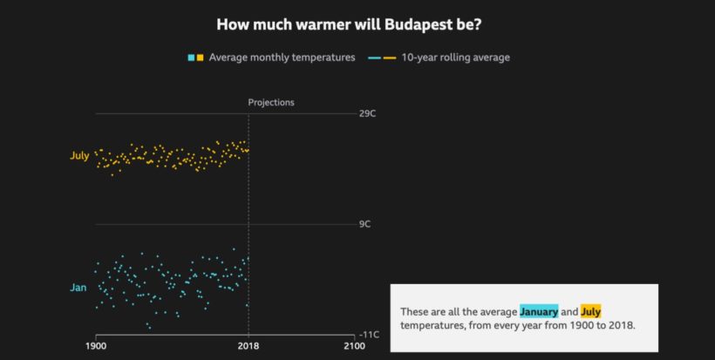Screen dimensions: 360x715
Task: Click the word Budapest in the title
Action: coord(420,24)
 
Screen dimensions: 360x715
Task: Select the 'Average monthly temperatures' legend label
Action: coord(282,58)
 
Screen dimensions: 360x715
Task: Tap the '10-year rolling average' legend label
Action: coord(455,58)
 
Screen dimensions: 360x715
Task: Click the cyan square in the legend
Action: coord(191,58)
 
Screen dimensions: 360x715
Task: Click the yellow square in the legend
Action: coord(201,58)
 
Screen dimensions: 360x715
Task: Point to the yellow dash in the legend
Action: coord(389,58)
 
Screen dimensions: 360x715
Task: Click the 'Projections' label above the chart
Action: coord(271,102)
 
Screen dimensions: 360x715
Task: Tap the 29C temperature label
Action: coord(367,114)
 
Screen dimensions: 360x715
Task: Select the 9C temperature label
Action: coord(365,224)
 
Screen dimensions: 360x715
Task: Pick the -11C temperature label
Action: coord(367,335)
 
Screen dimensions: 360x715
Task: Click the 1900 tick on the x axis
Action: coord(96,346)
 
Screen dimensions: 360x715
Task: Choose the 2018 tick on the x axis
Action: coord(249,346)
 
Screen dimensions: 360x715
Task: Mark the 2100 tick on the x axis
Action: coord(353,346)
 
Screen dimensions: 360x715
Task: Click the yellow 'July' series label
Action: coord(79,156)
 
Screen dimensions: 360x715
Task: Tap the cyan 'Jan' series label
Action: coord(78,287)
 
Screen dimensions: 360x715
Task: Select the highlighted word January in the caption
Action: coord(539,311)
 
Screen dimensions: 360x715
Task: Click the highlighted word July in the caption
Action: coord(590,311)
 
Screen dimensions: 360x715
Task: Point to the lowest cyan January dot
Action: coord(149,328)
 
